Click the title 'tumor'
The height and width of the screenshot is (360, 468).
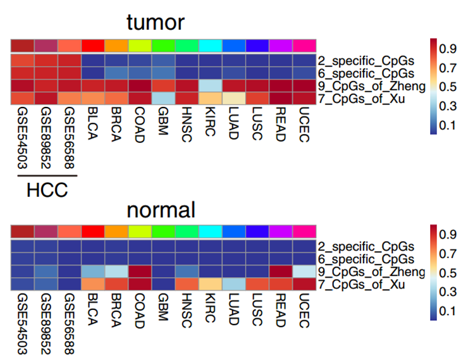point(156,23)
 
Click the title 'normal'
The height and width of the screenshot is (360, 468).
point(161,209)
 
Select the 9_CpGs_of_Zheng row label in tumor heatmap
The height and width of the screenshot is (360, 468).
point(367,86)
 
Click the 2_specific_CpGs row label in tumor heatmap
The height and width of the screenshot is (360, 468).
point(365,61)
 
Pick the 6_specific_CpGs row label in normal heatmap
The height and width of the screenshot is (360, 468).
point(365,259)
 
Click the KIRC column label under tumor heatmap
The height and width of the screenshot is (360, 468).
point(210,121)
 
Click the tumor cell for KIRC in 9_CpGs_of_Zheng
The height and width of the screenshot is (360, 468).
point(210,85)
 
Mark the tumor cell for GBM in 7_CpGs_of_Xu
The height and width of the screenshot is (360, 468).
point(163,97)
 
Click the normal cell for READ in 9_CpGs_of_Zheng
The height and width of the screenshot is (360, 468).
point(280,271)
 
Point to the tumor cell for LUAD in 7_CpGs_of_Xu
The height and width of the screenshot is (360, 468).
point(233,97)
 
